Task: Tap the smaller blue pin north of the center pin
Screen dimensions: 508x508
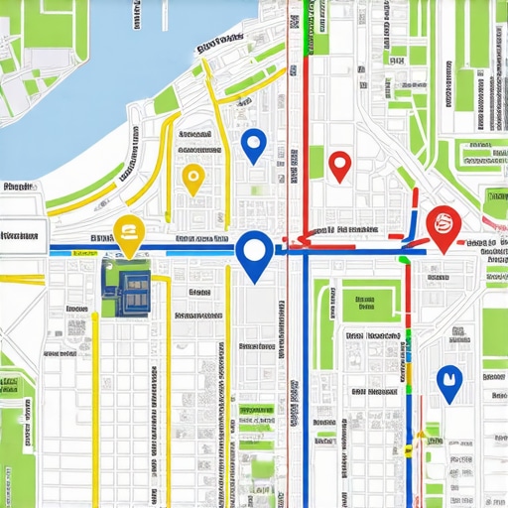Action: [254, 144]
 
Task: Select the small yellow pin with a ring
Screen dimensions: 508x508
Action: [192, 179]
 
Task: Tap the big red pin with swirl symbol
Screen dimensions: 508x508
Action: [443, 224]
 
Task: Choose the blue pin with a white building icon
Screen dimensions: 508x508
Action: [449, 381]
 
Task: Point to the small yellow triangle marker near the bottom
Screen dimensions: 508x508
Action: [422, 434]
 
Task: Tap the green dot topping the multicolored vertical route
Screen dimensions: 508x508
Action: [405, 259]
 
